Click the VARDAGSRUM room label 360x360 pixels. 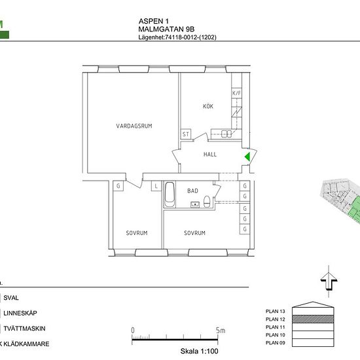(x=134, y=126)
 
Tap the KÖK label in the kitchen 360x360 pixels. (x=208, y=106)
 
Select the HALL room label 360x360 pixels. (x=210, y=154)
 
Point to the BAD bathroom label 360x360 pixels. (x=192, y=190)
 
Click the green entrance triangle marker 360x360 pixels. (x=247, y=157)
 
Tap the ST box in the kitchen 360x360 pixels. (x=186, y=134)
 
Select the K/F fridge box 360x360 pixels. (x=236, y=93)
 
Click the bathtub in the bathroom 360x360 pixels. (x=170, y=194)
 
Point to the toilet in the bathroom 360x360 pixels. (x=207, y=202)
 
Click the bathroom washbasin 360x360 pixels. (x=195, y=204)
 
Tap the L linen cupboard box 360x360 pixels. (x=156, y=186)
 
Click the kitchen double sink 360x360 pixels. (x=226, y=134)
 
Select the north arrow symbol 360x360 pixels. (x=329, y=281)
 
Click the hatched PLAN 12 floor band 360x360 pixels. (x=313, y=319)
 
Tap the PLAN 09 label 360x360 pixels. (x=276, y=343)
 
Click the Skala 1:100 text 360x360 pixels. (x=199, y=351)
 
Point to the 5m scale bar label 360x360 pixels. (x=221, y=331)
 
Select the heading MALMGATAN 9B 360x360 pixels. (x=166, y=29)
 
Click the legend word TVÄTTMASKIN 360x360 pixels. (x=24, y=329)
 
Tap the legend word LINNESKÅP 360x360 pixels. (x=20, y=313)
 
